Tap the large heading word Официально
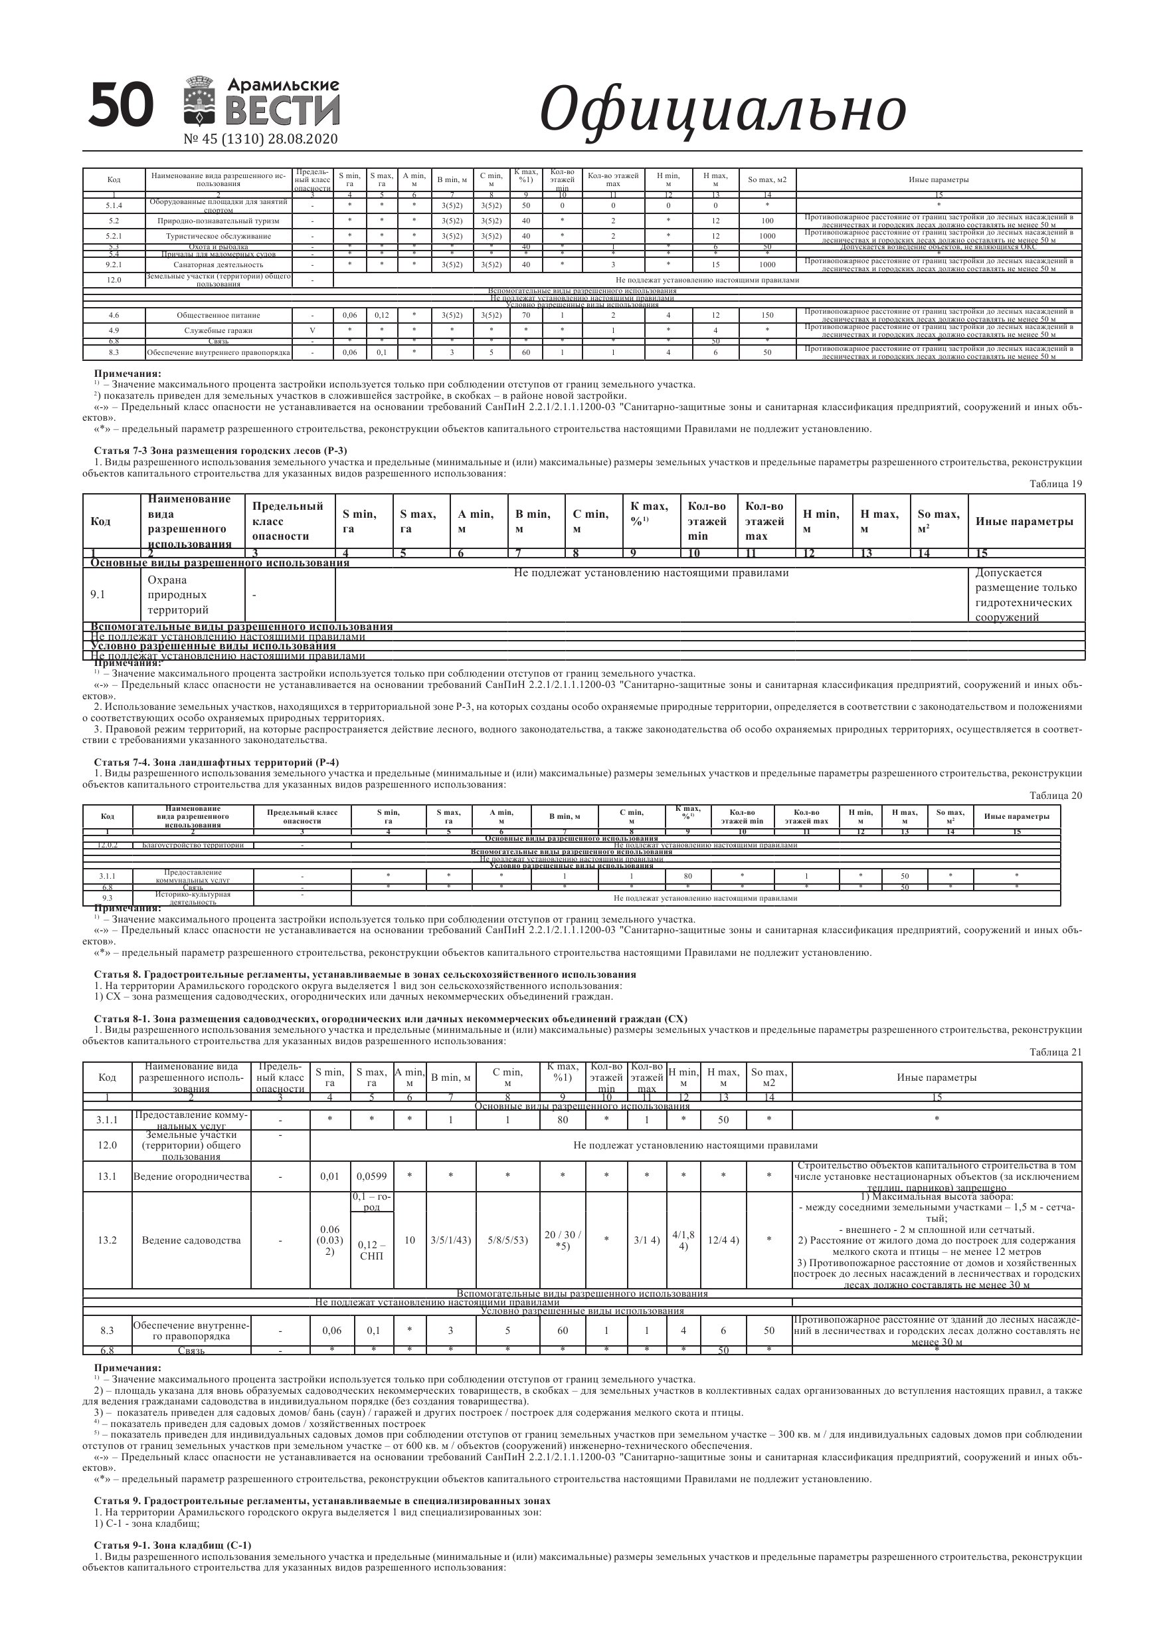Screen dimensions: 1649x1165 722,110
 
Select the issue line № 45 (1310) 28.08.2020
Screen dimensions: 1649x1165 260,140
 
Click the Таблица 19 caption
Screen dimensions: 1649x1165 1055,484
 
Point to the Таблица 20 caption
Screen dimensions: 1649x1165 1055,795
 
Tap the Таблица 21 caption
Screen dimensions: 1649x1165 1055,1052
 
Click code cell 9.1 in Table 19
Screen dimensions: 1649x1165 98,595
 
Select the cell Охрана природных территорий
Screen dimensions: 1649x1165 178,595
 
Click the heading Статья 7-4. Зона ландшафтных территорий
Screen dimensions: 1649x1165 216,761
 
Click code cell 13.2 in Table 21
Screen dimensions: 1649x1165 107,1240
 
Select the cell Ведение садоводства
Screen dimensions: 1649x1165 191,1240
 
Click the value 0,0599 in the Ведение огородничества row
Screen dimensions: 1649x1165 371,1176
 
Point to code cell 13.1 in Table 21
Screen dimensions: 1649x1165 107,1176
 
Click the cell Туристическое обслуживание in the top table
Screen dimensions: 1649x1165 219,235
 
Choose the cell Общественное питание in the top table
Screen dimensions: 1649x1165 219,315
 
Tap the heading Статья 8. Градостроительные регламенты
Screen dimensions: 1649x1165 365,974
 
